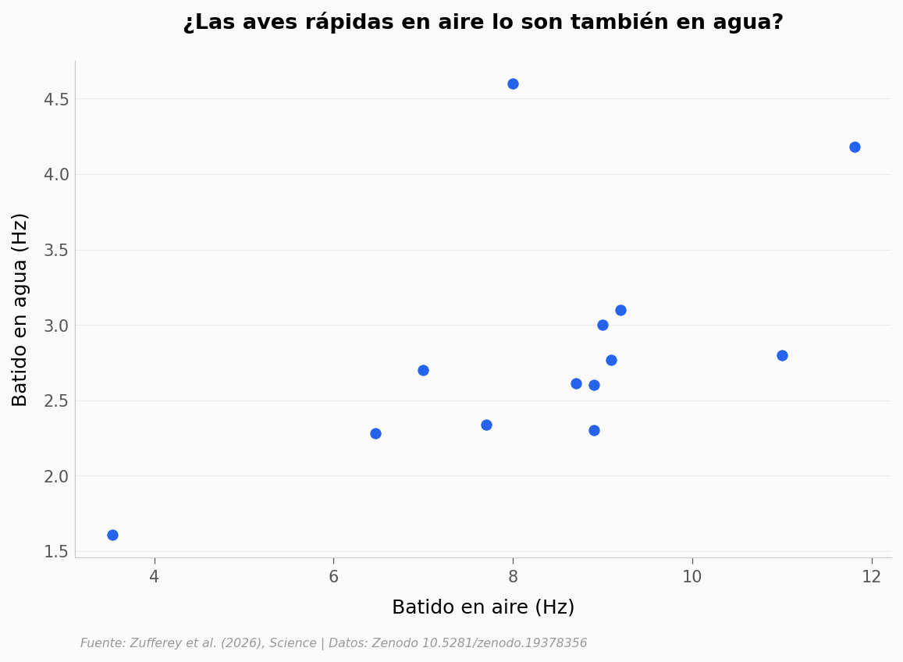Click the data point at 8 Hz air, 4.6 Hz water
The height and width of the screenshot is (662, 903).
click(513, 84)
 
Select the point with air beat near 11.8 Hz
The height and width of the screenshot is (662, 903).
click(855, 148)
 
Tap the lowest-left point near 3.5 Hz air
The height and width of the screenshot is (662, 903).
click(113, 536)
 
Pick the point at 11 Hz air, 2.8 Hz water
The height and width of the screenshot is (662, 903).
click(782, 355)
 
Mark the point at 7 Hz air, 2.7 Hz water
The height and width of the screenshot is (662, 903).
click(423, 371)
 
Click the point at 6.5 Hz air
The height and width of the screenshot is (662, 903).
click(375, 434)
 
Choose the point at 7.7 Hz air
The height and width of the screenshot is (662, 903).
click(487, 425)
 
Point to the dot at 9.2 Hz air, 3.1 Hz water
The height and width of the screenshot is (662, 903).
click(620, 311)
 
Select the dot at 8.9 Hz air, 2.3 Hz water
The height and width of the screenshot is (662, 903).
click(594, 431)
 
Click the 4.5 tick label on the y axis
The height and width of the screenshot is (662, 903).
click(56, 100)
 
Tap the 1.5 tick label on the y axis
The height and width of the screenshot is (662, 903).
click(56, 552)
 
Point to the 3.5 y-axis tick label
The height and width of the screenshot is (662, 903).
click(56, 251)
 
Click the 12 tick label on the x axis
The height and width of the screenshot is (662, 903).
click(872, 577)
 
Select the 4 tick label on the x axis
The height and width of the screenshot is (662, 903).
click(155, 577)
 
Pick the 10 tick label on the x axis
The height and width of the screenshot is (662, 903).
click(692, 577)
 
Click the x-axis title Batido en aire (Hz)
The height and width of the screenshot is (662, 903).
click(483, 607)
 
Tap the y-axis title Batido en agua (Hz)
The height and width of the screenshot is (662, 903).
click(20, 310)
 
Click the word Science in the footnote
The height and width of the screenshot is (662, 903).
click(293, 643)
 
